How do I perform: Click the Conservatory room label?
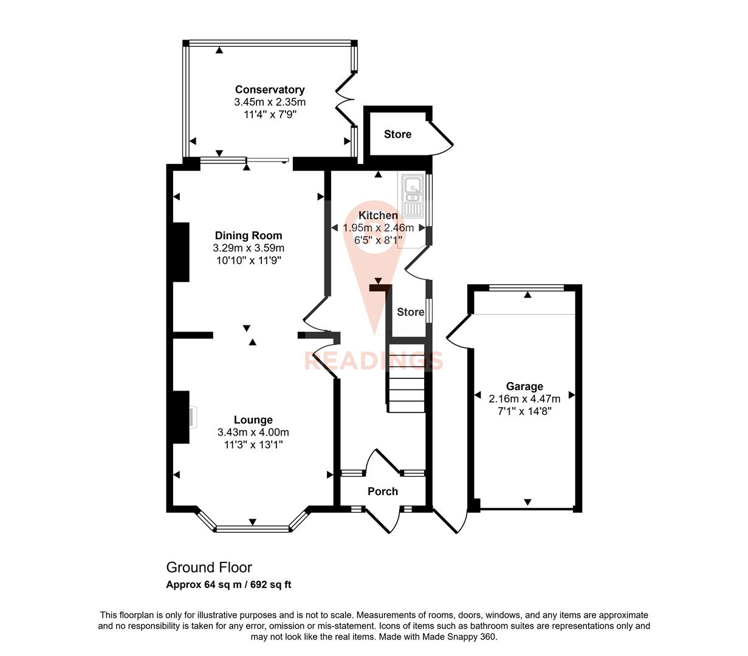point(270,90)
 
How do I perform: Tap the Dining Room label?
point(249,236)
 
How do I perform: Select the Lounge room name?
point(253,420)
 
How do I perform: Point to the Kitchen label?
point(378,215)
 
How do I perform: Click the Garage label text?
point(524,386)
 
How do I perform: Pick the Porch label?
point(383,491)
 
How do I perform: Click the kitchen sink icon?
point(412,196)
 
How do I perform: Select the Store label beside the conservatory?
point(397,134)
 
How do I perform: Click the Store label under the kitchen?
point(410,312)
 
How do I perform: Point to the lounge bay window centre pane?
point(252,528)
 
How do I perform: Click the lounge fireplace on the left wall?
point(181,417)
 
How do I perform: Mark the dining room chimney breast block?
point(181,252)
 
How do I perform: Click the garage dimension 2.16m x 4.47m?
point(524,398)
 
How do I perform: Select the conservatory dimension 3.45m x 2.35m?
point(270,102)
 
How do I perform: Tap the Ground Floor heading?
point(209,567)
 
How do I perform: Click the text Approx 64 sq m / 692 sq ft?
point(228,585)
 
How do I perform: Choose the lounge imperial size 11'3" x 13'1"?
point(253,445)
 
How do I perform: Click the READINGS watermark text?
point(373,361)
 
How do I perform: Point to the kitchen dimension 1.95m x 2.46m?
point(378,228)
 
